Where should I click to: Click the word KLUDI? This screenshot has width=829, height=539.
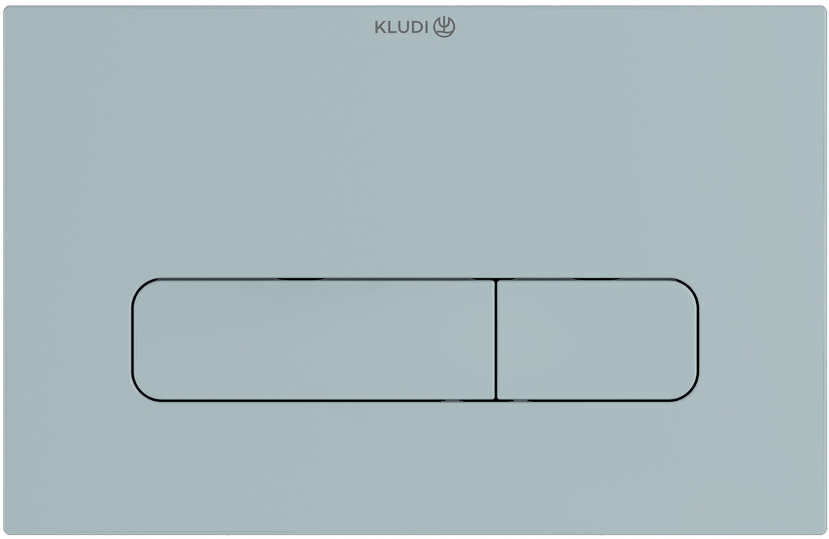[402, 28]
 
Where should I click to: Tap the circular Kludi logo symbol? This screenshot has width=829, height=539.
[444, 27]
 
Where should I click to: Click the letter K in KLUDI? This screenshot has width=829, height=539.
[379, 28]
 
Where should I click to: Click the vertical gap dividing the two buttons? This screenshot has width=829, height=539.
[496, 340]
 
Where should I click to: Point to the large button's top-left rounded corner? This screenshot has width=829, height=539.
[142, 288]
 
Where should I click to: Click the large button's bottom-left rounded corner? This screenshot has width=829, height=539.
[142, 391]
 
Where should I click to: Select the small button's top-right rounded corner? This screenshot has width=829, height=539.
[689, 288]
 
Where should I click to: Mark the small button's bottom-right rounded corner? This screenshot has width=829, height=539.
[689, 391]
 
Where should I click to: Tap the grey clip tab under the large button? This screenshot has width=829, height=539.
[451, 401]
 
